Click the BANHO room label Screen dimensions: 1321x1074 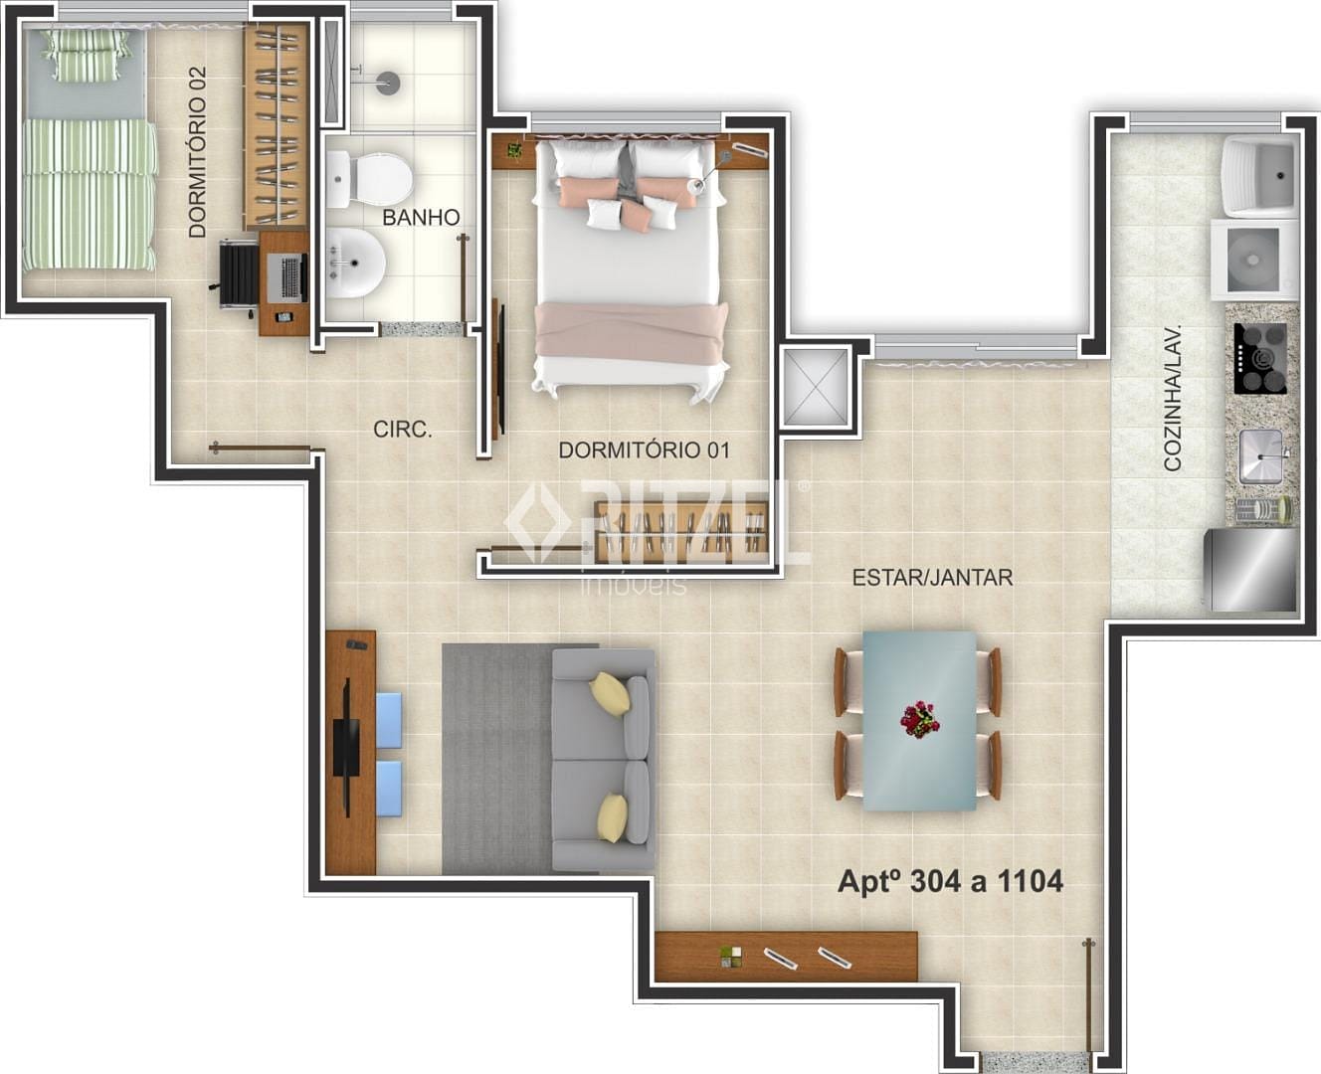[x=421, y=218]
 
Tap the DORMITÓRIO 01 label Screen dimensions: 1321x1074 [x=644, y=450]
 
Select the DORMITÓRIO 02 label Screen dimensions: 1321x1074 [x=198, y=152]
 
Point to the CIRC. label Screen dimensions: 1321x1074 [x=403, y=430]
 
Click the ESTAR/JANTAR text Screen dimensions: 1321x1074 [x=932, y=578]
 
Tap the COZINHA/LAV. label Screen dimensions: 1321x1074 [x=1172, y=398]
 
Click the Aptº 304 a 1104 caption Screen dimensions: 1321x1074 [x=950, y=882]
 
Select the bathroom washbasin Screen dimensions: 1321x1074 [x=355, y=263]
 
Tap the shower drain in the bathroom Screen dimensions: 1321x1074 [x=388, y=83]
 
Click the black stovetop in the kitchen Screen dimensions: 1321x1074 [x=1259, y=358]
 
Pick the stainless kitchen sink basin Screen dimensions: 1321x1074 [x=1260, y=457]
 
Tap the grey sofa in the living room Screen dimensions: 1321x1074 [x=603, y=760]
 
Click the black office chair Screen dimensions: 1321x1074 [x=238, y=275]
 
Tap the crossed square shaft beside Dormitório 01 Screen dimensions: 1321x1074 [x=815, y=388]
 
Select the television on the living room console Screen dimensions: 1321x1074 [x=347, y=747]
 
